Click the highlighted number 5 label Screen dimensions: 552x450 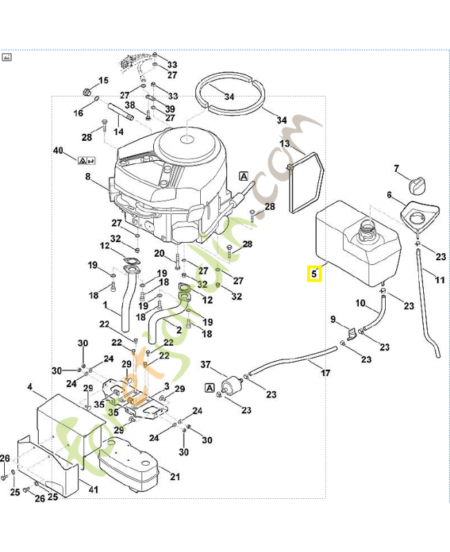coord(314,274)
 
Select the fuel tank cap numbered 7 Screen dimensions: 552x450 coord(417,185)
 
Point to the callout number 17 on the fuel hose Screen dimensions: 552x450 coord(325,373)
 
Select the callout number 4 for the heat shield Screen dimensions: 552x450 coord(30,388)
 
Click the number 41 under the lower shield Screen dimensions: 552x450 coord(93,490)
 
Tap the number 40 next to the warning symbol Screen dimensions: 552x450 coord(58,150)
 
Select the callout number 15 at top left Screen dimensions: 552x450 coord(104,81)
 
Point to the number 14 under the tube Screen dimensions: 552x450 coord(119,131)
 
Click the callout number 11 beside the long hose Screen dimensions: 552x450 coord(440,279)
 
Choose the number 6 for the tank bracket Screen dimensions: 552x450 coord(391,195)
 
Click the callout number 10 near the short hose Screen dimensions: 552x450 coord(360,303)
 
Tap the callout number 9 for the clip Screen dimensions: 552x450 coord(333,319)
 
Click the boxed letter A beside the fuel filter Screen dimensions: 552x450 coord(208,388)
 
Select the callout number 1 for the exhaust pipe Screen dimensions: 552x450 coord(105,304)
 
